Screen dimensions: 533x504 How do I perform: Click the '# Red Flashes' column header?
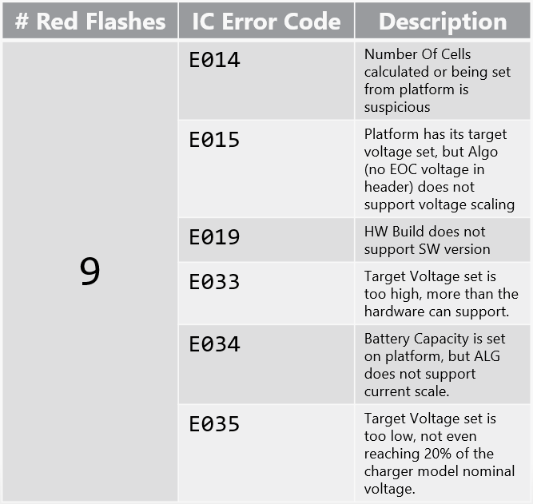pyautogui.click(x=90, y=21)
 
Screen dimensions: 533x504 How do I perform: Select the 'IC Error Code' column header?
pyautogui.click(x=267, y=21)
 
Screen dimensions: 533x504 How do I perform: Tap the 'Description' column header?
pyautogui.click(x=443, y=22)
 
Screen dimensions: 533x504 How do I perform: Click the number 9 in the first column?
pyautogui.click(x=90, y=272)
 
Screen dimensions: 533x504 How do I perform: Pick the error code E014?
pyautogui.click(x=214, y=60)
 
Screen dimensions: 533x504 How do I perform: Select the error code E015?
pyautogui.click(x=214, y=140)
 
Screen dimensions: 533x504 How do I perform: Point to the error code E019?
pyautogui.click(x=214, y=237)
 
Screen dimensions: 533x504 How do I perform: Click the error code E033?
pyautogui.click(x=214, y=282)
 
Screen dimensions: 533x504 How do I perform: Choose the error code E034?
pyautogui.click(x=214, y=344)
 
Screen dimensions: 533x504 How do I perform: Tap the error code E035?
pyautogui.click(x=214, y=424)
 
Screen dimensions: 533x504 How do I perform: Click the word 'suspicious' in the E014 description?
pyautogui.click(x=397, y=108)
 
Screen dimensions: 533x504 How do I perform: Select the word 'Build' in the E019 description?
pyautogui.click(x=408, y=232)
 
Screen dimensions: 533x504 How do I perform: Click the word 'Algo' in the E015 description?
pyautogui.click(x=483, y=153)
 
